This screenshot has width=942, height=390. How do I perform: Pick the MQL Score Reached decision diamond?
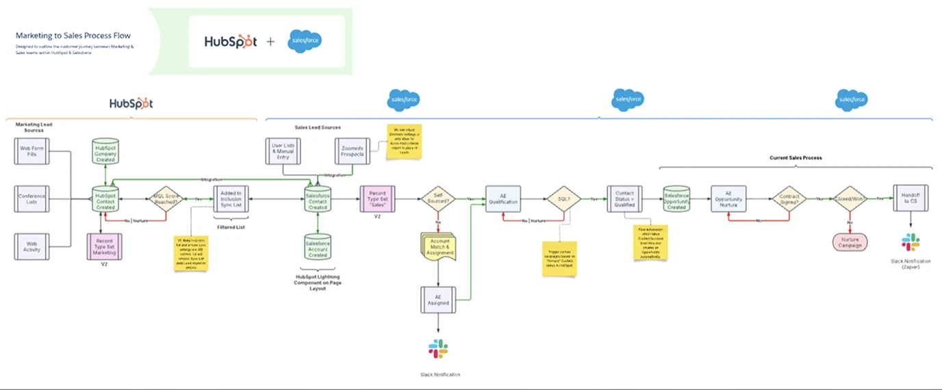click(166, 199)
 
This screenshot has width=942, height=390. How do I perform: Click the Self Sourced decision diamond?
click(437, 199)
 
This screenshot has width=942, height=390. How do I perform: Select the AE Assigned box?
click(437, 300)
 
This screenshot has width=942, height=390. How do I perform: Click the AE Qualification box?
click(503, 199)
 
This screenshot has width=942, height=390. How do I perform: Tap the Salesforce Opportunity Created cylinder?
click(676, 199)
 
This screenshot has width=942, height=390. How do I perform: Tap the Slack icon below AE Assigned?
click(438, 348)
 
